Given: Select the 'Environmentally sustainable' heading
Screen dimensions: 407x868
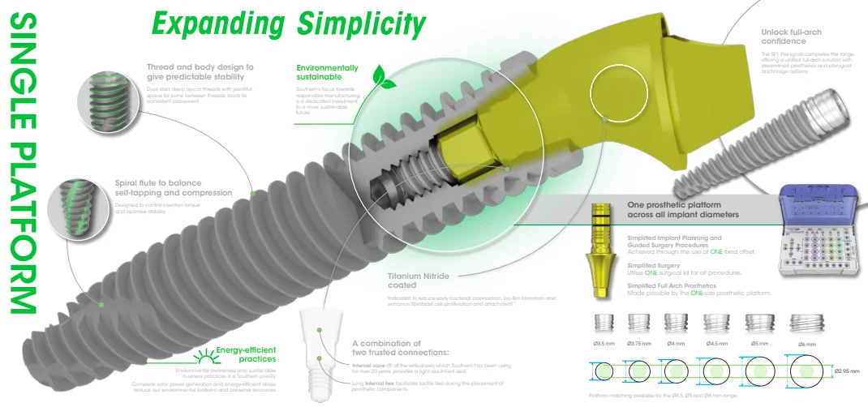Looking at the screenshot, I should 327,72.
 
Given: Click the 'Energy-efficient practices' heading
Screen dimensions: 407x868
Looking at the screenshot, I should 246,353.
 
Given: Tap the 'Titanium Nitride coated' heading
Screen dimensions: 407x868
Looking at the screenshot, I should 418,281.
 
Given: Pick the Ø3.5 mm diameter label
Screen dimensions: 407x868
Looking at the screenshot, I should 604,344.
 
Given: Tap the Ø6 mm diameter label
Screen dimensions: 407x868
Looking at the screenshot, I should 806,345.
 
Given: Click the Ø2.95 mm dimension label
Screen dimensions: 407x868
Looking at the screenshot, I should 847,372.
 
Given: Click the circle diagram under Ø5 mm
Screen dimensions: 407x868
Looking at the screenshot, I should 759,371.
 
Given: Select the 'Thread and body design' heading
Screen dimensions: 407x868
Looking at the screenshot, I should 200,72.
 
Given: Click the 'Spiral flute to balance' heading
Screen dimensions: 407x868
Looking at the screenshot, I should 182,187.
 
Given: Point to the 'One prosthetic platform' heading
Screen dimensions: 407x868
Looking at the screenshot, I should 683,210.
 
